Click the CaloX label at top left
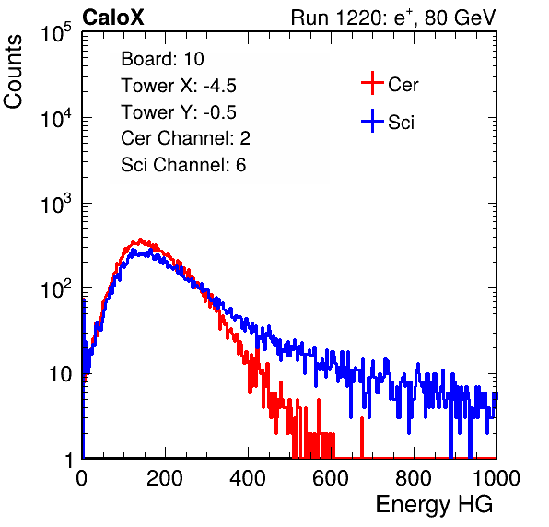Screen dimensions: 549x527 113,18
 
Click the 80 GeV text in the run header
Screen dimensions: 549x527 460,18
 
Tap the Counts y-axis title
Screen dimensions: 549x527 13,72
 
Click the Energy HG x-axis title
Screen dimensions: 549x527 434,505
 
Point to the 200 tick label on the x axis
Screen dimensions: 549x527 165,478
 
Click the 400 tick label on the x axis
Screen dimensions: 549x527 248,478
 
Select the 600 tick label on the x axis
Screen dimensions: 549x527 331,478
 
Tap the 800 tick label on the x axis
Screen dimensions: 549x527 414,478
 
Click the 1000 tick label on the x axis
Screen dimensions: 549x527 496,478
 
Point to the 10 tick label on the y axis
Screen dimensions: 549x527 60,374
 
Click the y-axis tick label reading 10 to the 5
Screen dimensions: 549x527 56,32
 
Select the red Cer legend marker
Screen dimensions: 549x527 372,83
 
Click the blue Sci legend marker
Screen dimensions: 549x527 372,122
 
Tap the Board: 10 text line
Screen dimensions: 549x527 162,59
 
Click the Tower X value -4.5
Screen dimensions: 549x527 220,86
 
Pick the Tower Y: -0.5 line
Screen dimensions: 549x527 179,112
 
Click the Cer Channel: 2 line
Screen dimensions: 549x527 185,138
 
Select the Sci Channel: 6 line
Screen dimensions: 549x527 183,165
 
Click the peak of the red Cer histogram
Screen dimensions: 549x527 140,240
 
